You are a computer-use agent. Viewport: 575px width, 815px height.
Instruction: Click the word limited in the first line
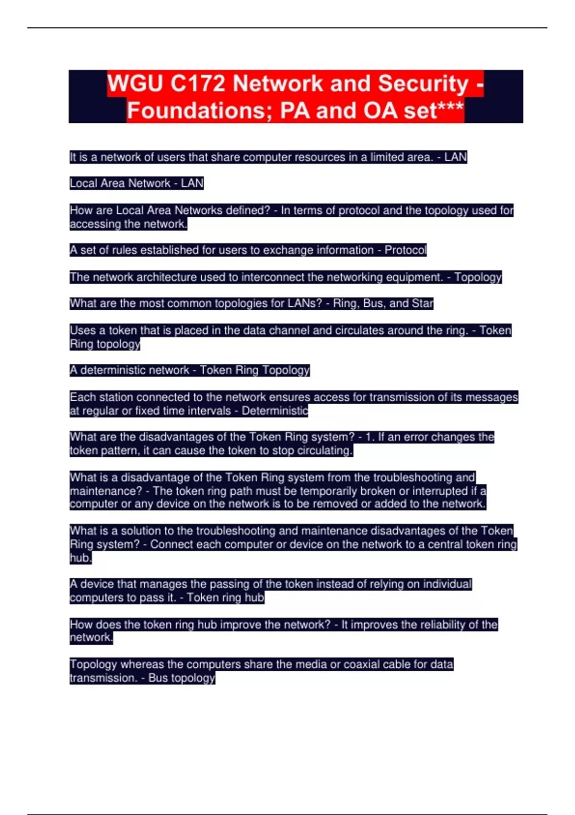[387, 157]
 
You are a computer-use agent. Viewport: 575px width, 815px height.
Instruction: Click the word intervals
[210, 411]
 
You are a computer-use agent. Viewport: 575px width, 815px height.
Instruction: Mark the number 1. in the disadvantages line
[369, 437]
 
